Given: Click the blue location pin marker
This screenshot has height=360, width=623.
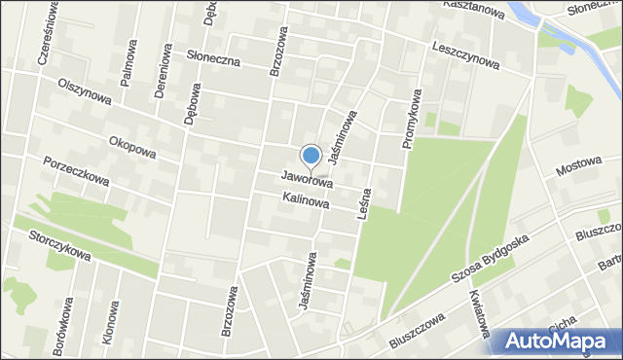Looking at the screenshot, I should (x=311, y=157).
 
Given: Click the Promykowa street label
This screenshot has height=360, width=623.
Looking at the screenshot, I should (x=411, y=119).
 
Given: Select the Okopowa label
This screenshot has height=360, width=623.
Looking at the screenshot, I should (x=132, y=146).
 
